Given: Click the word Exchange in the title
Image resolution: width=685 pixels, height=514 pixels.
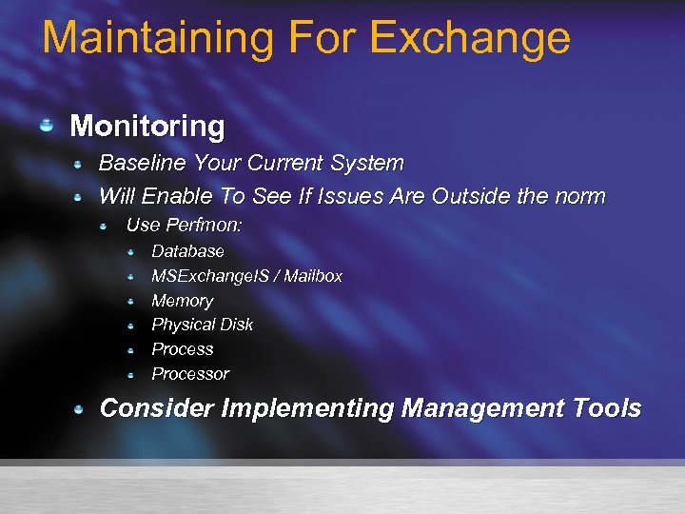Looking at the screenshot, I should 469,38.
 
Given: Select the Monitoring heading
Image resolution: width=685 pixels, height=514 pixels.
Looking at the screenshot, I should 147,126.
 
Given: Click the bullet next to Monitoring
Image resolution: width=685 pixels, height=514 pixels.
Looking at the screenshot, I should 47,126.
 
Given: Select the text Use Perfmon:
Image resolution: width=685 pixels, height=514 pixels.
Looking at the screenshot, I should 185,226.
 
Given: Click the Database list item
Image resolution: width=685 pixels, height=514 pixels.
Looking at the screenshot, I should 188,251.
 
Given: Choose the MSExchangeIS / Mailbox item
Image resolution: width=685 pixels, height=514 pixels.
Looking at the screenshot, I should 246,276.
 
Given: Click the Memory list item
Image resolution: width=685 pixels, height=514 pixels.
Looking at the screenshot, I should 182,301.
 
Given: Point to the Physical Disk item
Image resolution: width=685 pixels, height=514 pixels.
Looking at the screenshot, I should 203,325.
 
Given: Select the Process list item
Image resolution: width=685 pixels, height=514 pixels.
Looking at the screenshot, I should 183,349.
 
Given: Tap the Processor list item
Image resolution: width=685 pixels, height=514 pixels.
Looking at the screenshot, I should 190,374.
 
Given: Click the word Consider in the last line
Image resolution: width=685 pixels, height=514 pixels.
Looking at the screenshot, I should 156,408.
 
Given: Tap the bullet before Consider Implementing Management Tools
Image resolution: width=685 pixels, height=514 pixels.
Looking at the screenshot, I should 82,408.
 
